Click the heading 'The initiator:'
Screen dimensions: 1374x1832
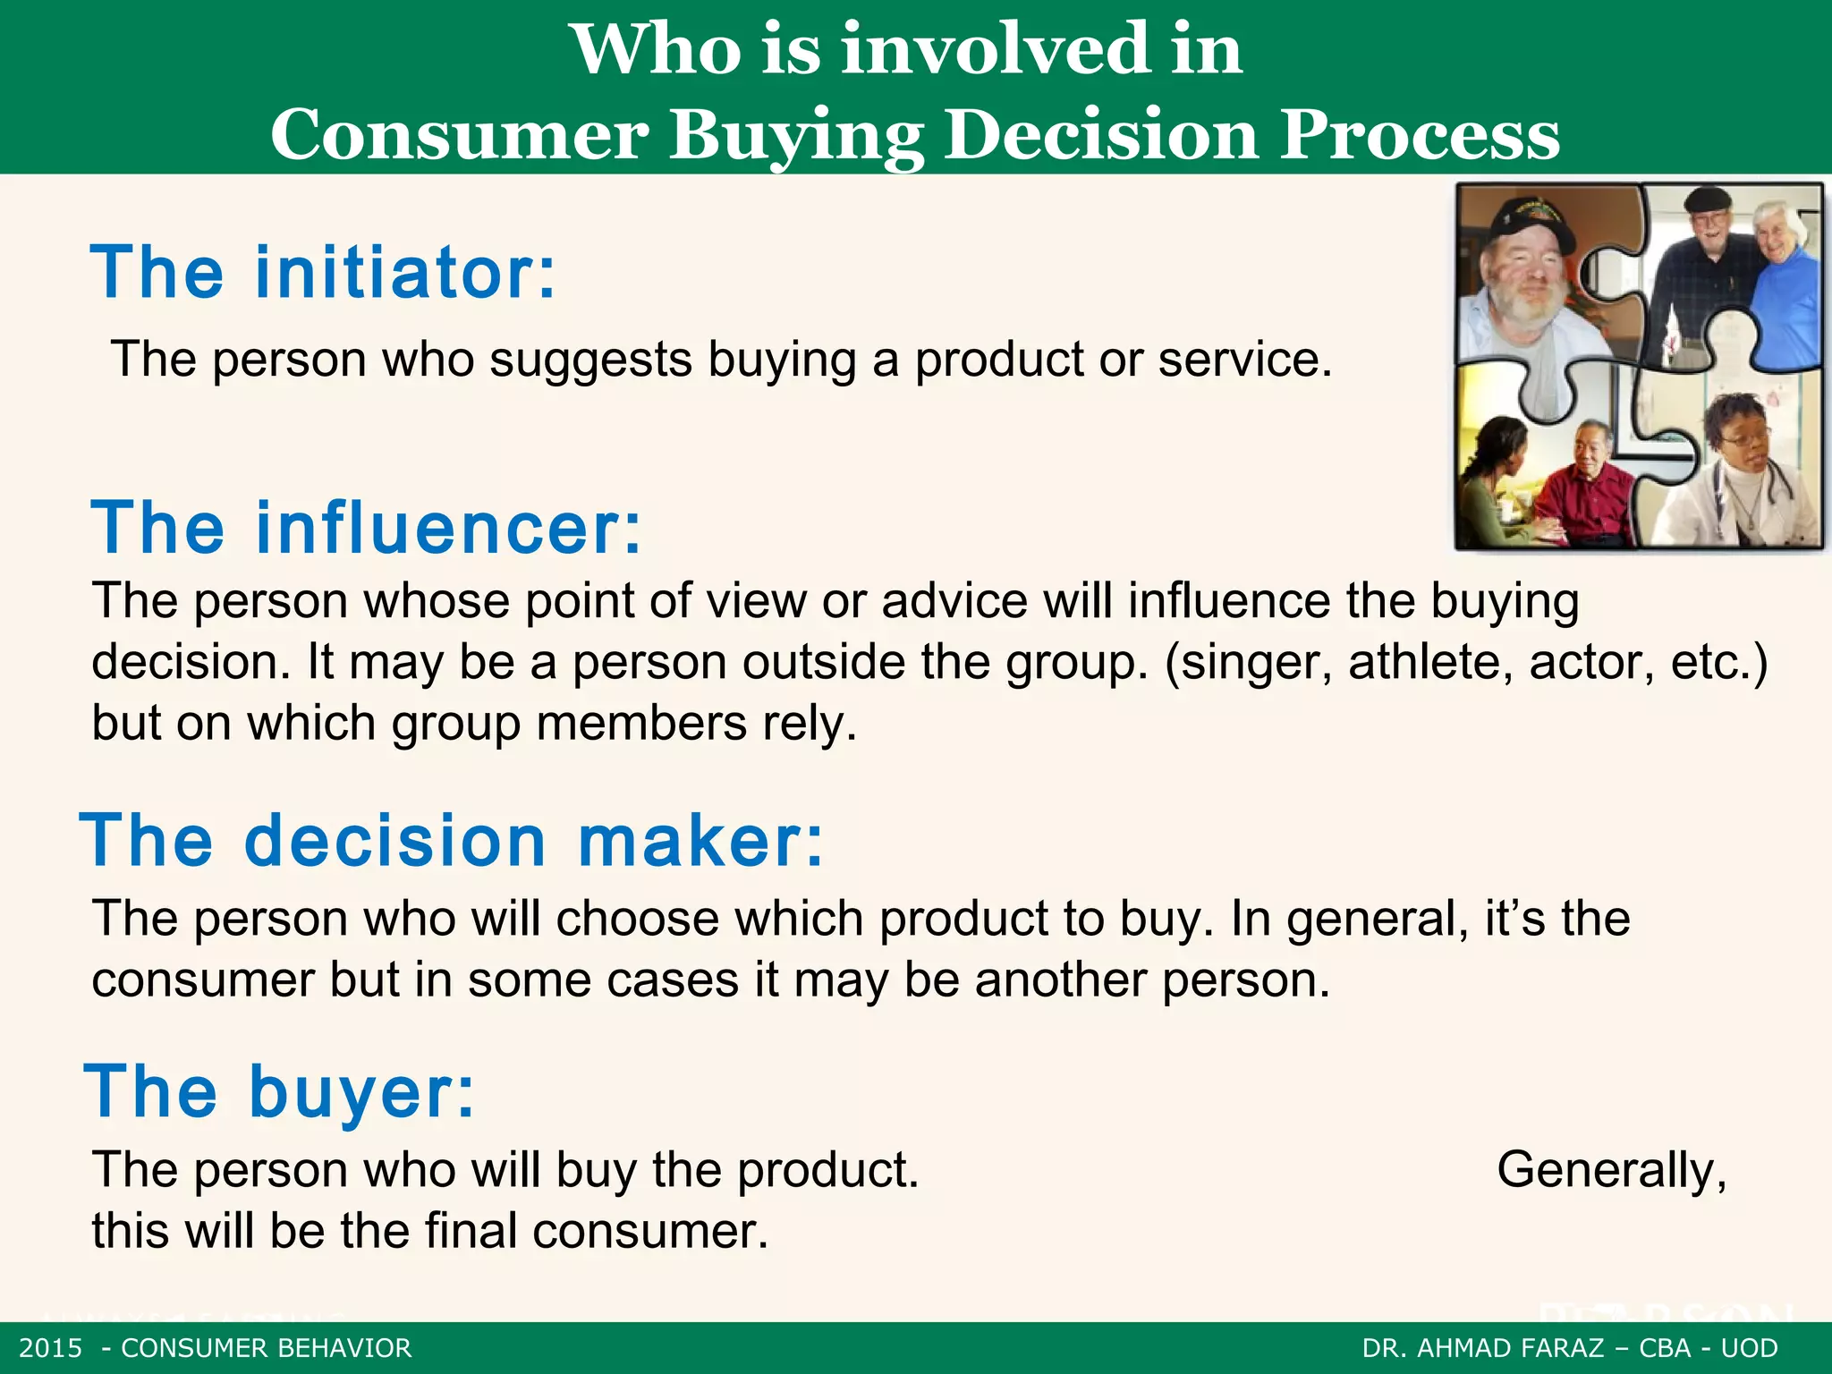pos(323,272)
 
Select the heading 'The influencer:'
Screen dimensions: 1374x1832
pos(366,528)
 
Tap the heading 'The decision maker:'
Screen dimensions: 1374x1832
pos(452,841)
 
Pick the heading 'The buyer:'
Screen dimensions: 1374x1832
pos(279,1091)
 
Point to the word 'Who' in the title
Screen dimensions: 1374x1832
pos(657,49)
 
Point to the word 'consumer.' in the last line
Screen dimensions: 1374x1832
pos(650,1231)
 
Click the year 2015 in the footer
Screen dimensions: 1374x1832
pos(50,1348)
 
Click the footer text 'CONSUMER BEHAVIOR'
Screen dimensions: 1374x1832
pos(267,1348)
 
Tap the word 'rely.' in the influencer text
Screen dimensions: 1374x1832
pos(810,723)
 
